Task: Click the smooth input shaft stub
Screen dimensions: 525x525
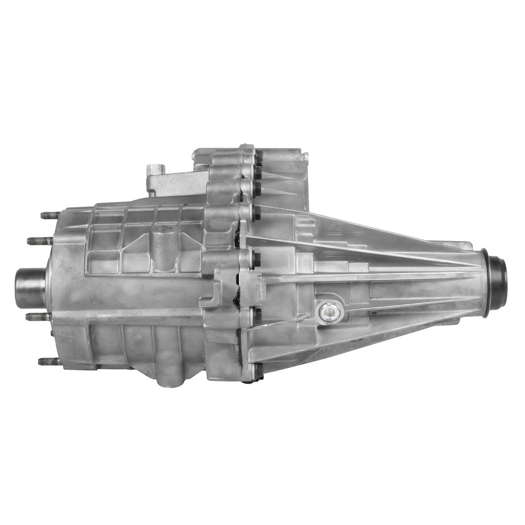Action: click(x=30, y=288)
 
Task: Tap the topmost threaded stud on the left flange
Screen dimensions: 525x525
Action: click(x=50, y=215)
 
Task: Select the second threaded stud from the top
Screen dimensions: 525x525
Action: click(x=40, y=241)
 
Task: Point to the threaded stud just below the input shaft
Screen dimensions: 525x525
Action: click(x=38, y=317)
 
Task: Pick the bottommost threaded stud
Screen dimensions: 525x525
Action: click(x=49, y=361)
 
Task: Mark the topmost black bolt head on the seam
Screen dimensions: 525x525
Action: click(x=258, y=157)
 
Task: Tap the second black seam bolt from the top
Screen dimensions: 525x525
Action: click(x=257, y=188)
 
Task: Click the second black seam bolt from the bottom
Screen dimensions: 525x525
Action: click(x=257, y=314)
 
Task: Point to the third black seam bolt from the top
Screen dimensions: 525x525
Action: click(x=257, y=212)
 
